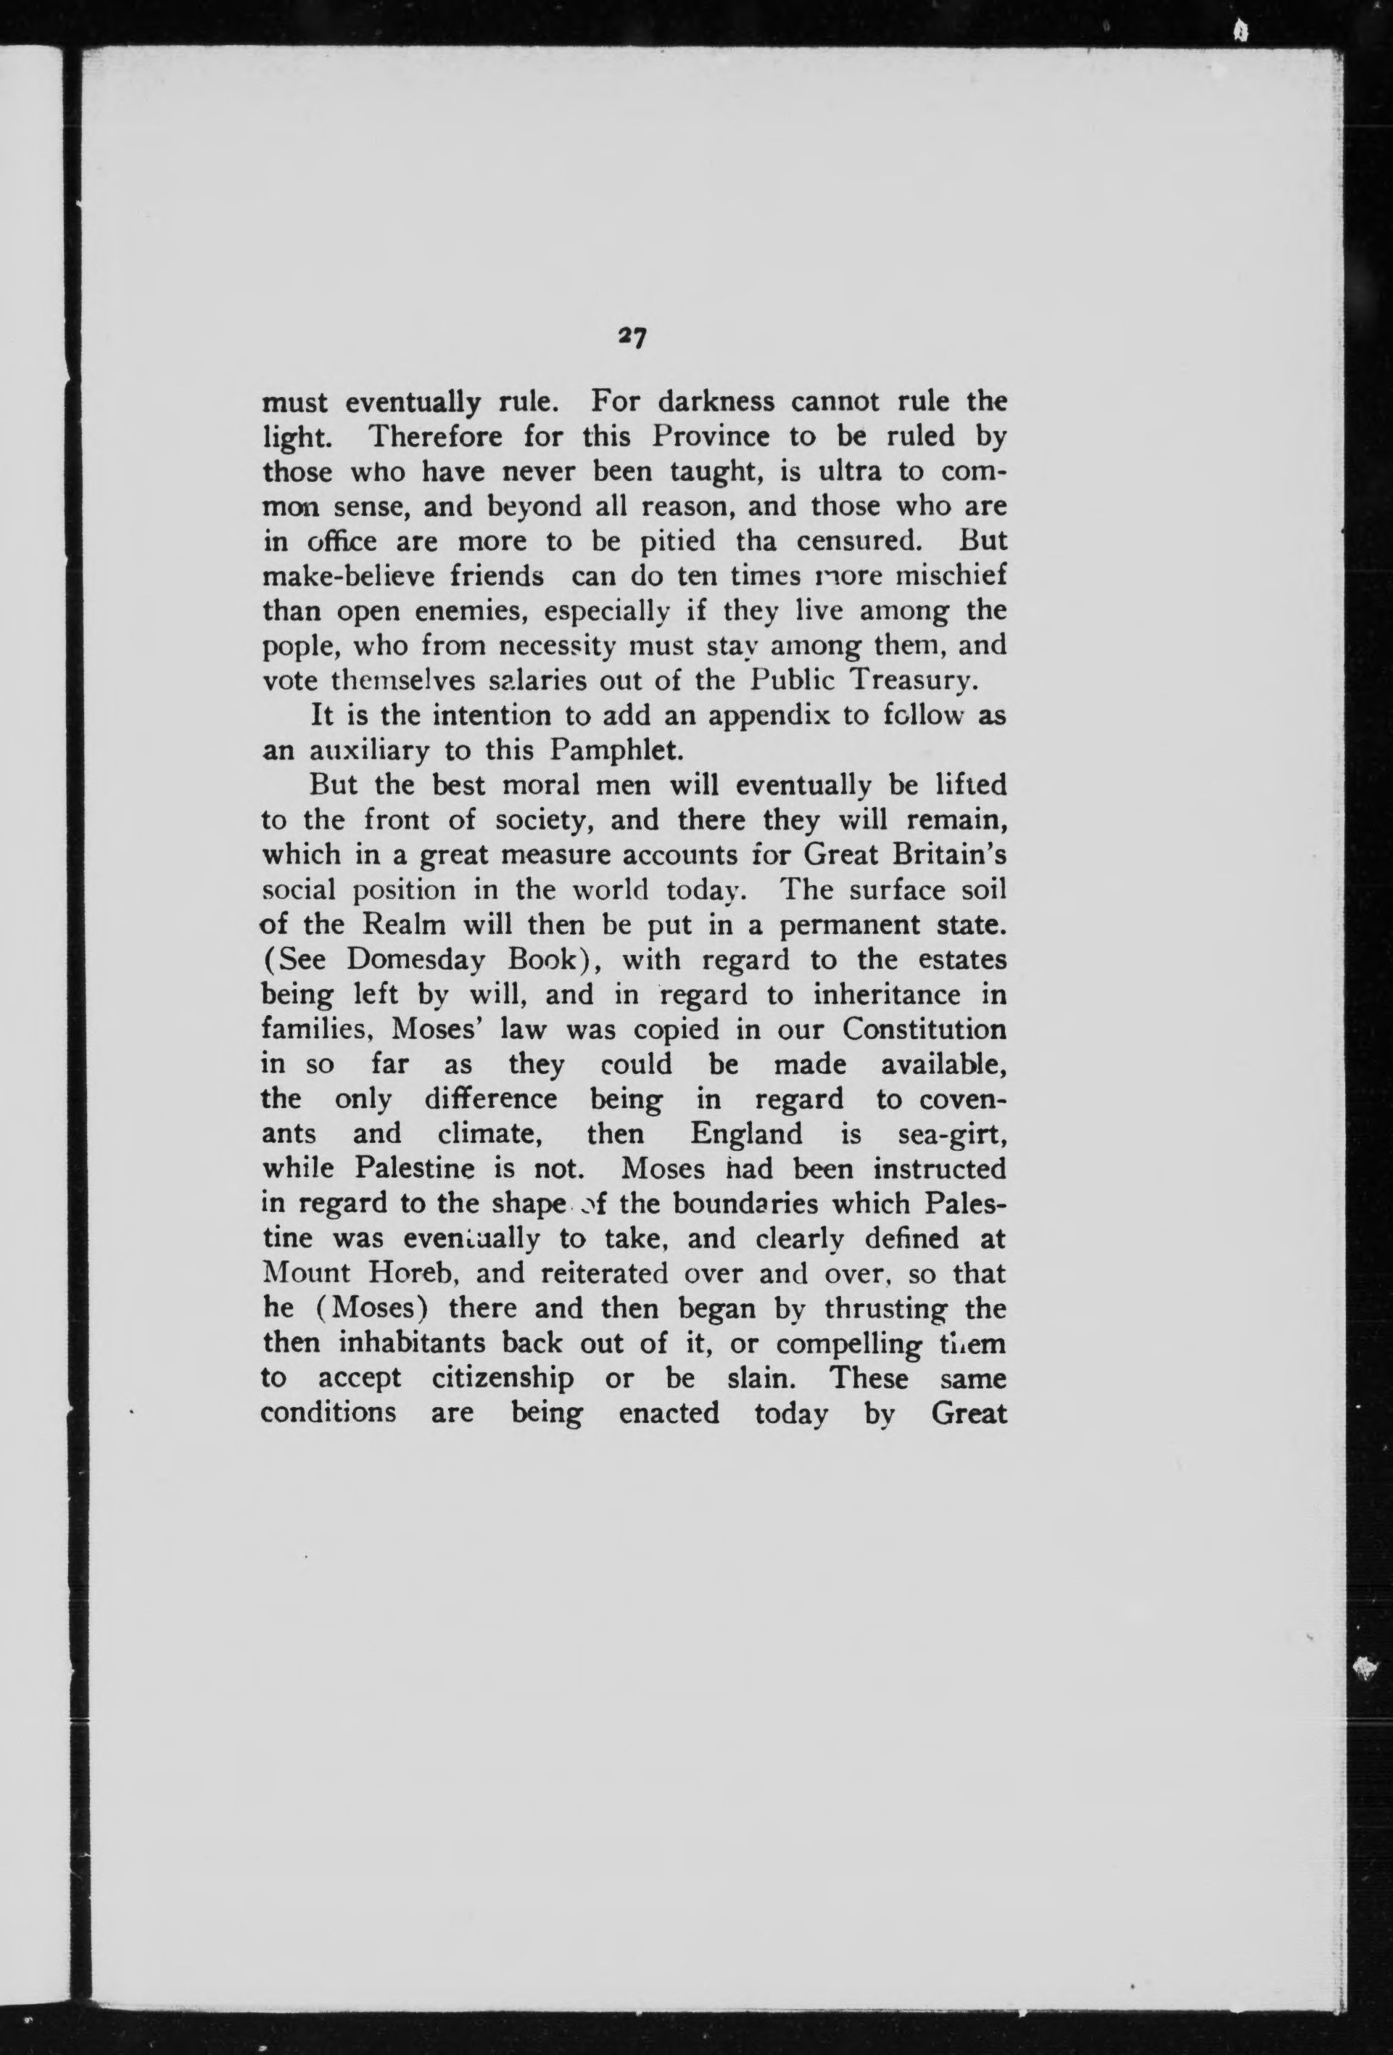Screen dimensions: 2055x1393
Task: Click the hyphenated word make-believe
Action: (340, 577)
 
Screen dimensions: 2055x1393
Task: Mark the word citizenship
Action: (504, 1378)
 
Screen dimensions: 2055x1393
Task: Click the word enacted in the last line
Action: (669, 1413)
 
